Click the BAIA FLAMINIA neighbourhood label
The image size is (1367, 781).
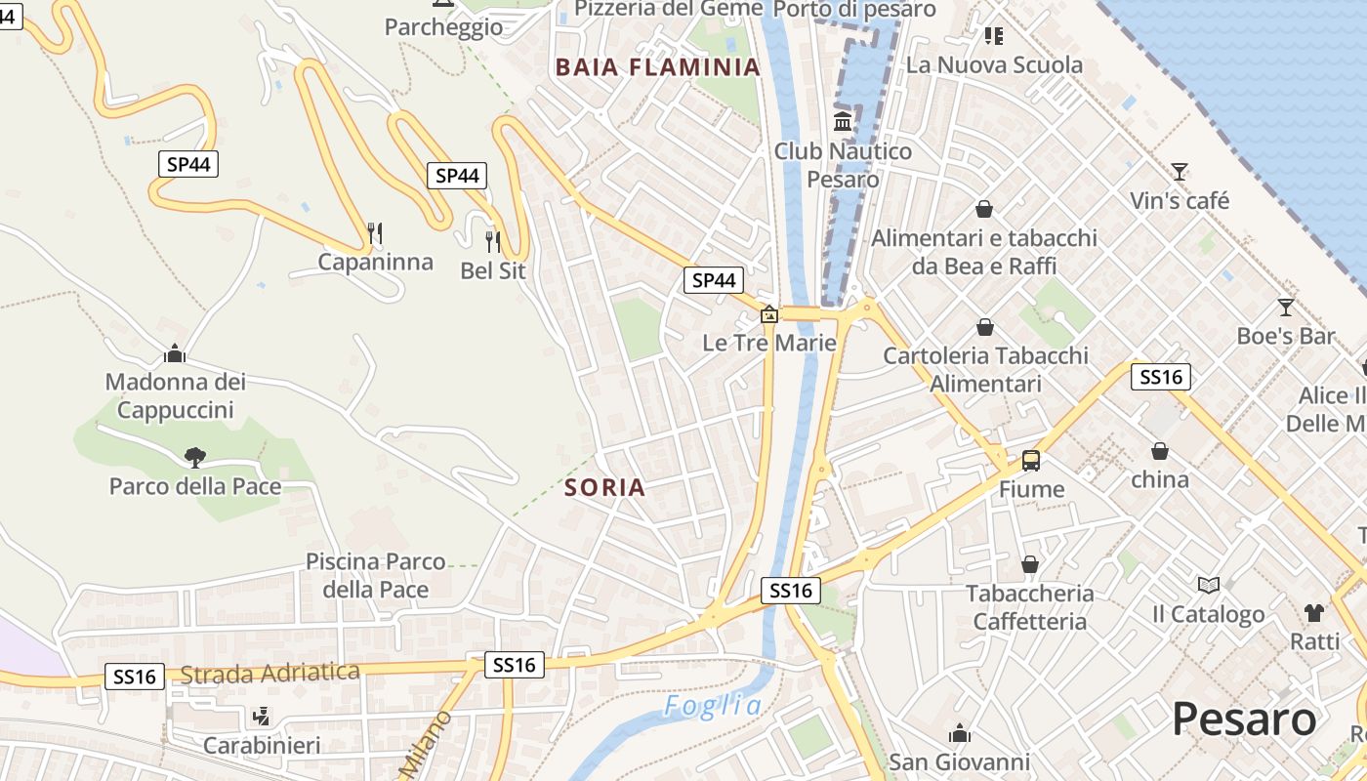656,67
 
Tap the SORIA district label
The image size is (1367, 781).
605,487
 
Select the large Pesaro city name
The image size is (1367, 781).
1244,719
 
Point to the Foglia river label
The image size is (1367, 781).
712,705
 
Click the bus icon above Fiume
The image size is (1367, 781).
1031,461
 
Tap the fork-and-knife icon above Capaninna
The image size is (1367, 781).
374,232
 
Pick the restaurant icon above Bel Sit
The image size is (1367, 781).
492,241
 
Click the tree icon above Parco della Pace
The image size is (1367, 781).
195,457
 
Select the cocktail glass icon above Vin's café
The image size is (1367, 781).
1180,172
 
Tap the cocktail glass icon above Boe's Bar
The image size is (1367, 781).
1285,308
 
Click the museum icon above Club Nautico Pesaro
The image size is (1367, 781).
843,122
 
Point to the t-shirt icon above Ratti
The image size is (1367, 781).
1314,612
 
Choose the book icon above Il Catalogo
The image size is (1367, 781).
1209,585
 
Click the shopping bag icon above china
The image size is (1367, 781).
1160,451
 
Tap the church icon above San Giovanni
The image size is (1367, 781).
959,732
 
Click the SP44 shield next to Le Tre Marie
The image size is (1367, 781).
713,281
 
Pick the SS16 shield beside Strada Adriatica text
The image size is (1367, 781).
134,677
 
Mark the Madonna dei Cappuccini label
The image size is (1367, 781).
175,395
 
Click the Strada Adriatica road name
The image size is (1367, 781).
270,673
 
